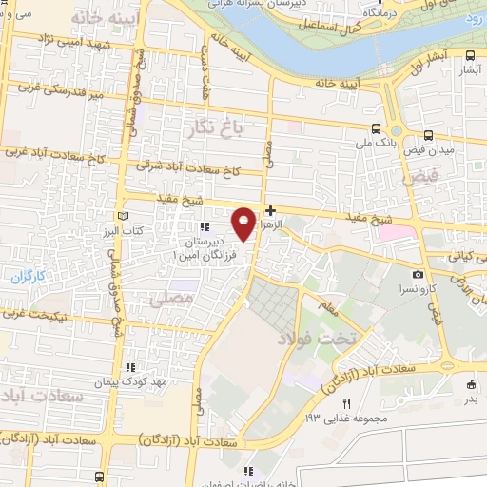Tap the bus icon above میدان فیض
(x=428, y=135)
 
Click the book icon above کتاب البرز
(x=120, y=217)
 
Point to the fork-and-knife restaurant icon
(x=347, y=403)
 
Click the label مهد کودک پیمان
(x=128, y=382)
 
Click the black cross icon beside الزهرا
(x=271, y=210)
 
